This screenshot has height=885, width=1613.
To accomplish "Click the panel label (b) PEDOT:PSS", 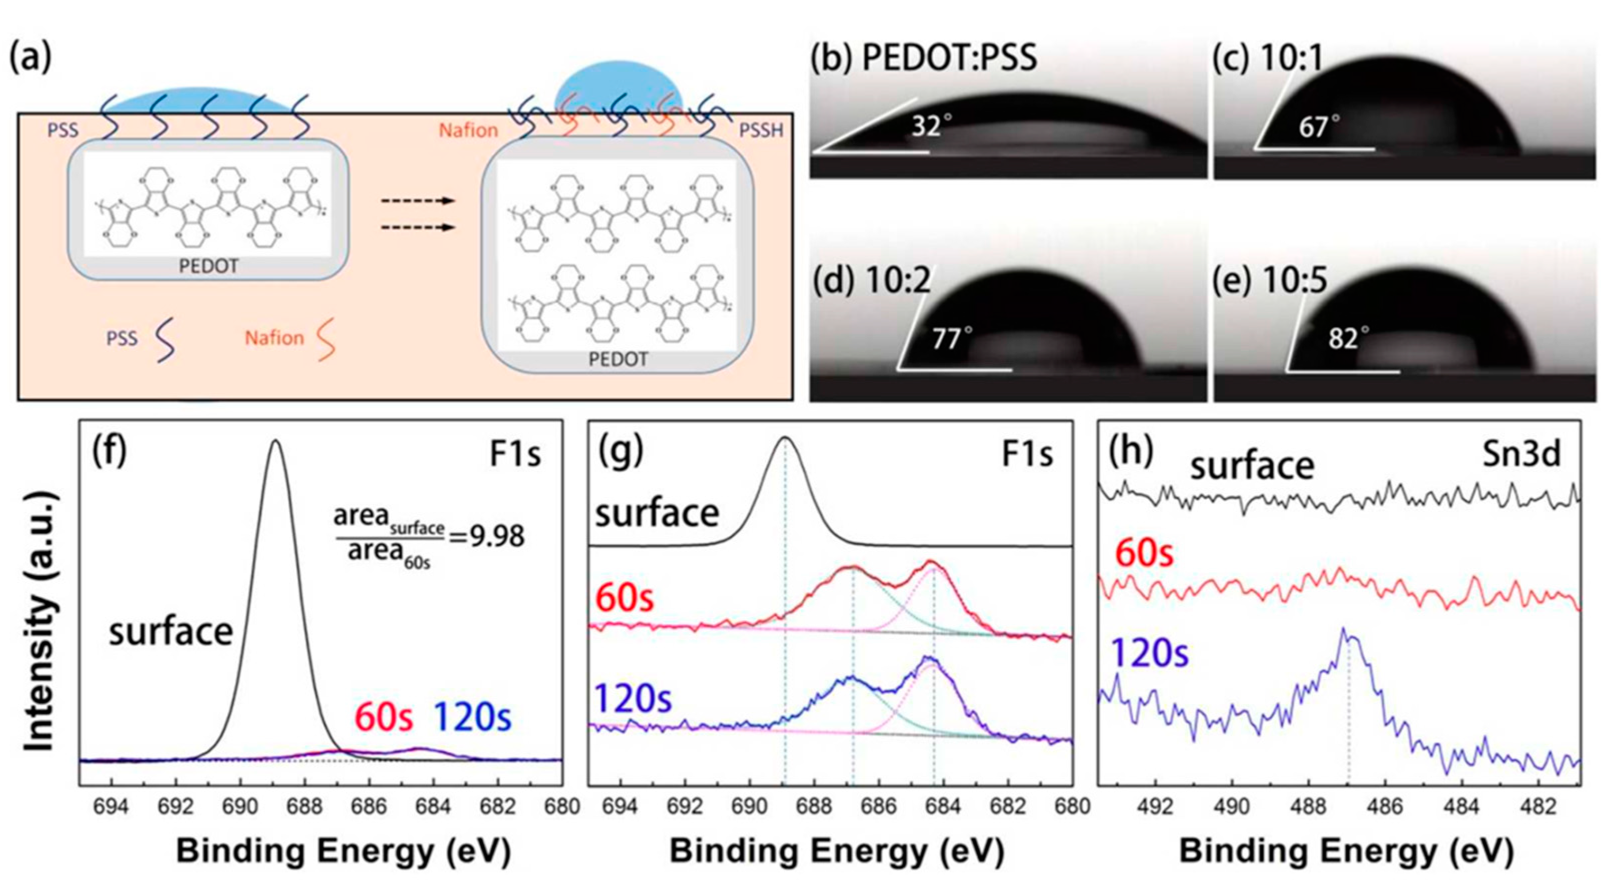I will [924, 57].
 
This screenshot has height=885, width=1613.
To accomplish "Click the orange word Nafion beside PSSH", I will [468, 130].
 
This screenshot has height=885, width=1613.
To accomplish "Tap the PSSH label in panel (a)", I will [761, 131].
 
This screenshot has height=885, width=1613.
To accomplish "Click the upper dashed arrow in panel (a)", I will [418, 201].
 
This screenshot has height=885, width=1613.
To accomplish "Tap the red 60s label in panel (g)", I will [624, 598].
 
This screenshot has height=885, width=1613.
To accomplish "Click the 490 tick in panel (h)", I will [1232, 806].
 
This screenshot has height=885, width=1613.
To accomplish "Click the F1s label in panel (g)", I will [1027, 454].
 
